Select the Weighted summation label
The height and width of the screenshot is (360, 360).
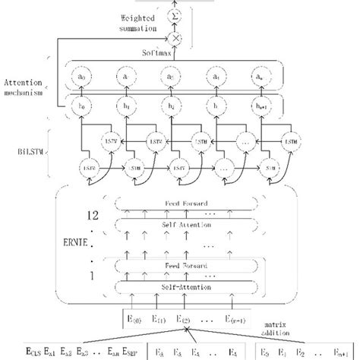pyautogui.click(x=137, y=22)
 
